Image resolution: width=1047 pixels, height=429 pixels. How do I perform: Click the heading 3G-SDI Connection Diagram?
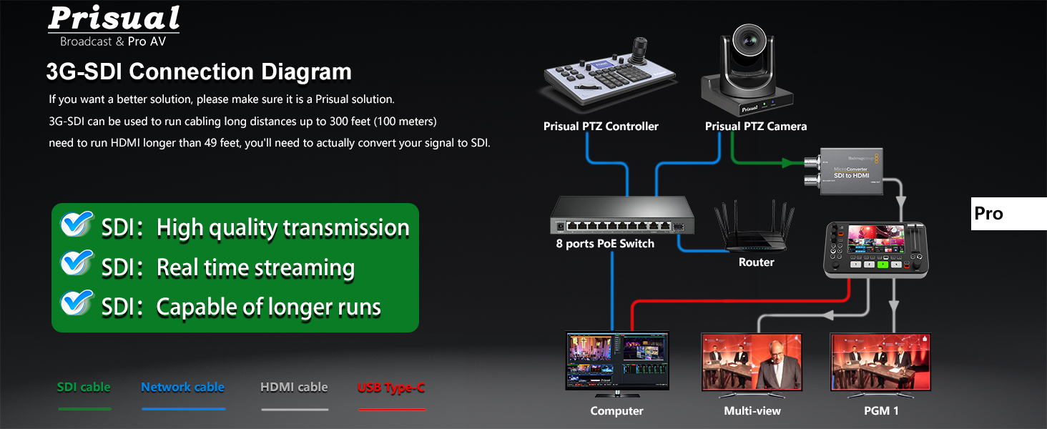tap(199, 72)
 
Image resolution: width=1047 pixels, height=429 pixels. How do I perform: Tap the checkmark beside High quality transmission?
tap(77, 225)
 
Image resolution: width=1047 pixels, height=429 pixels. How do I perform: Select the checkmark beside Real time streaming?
tap(77, 263)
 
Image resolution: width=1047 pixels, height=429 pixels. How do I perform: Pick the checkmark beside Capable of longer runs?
tap(77, 303)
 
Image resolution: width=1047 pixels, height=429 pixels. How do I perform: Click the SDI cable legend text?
tap(84, 388)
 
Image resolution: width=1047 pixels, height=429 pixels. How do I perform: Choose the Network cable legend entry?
tap(182, 388)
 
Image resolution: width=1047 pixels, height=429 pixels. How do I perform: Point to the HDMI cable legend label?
tap(294, 388)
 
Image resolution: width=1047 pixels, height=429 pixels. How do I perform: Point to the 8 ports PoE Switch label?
tap(605, 244)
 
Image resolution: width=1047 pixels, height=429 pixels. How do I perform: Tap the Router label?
tap(756, 262)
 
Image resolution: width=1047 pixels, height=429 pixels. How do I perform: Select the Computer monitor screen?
tap(616, 360)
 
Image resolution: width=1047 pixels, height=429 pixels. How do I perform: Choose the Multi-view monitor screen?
tap(752, 361)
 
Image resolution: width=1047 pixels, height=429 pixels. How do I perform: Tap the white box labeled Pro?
tap(1008, 214)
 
